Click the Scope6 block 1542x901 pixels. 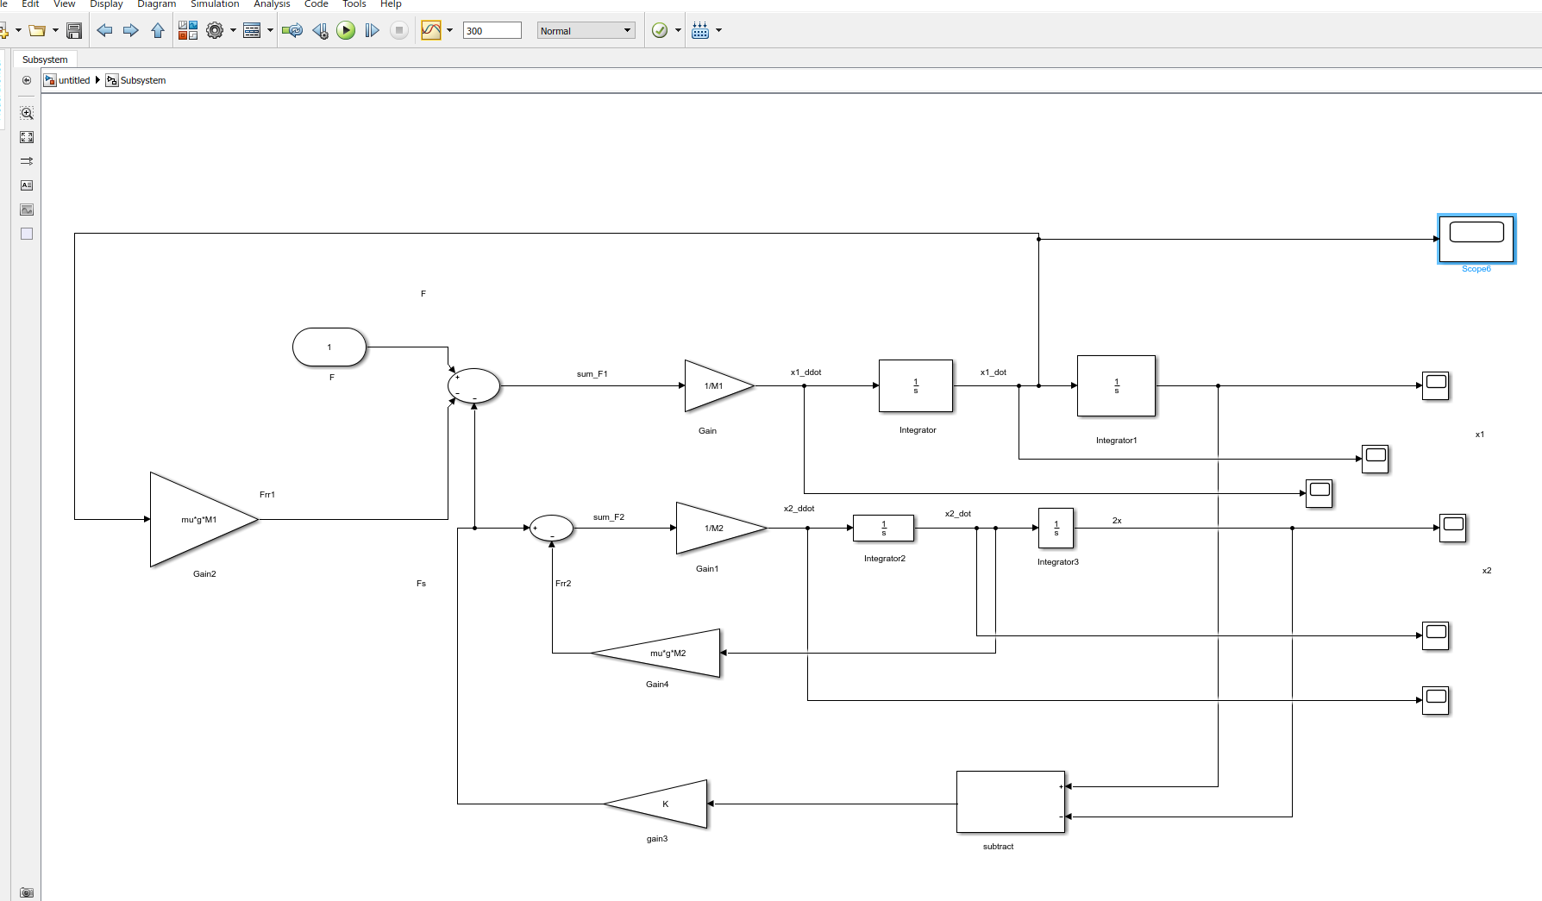(1476, 239)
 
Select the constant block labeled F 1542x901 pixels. (329, 347)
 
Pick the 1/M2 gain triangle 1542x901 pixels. (721, 528)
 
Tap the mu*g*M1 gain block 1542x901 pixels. (204, 519)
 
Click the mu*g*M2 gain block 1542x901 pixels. (656, 653)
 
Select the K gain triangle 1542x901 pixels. (656, 804)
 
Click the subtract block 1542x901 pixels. (1011, 802)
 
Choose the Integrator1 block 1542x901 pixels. (1116, 385)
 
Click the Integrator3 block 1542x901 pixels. (1056, 528)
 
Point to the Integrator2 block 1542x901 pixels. (883, 528)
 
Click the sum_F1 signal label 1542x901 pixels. (592, 374)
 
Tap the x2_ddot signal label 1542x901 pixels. (799, 509)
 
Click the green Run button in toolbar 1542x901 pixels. (346, 31)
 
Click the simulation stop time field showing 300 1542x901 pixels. (492, 31)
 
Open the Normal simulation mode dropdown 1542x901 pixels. (586, 31)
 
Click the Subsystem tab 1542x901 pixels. (45, 59)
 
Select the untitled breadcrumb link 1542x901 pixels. (74, 80)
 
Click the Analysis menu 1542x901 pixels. (272, 4)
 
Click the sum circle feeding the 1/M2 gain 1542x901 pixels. (551, 528)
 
